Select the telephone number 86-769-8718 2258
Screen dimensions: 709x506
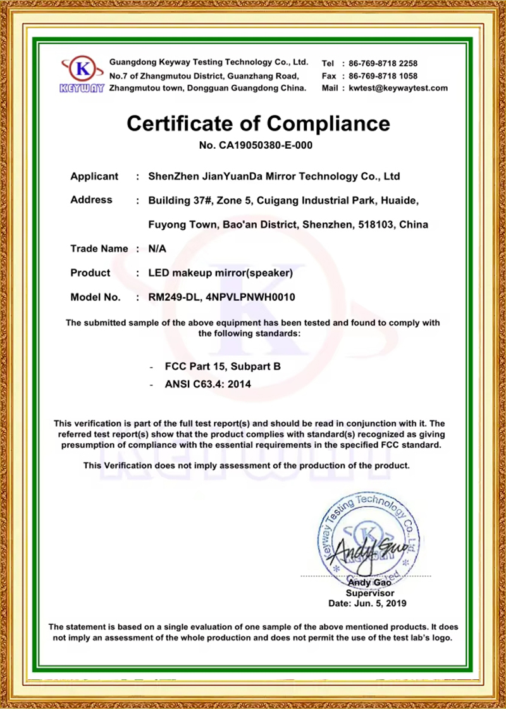click(x=379, y=63)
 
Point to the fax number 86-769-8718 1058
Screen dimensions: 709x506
click(x=379, y=76)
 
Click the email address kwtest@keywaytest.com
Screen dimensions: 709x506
click(x=398, y=88)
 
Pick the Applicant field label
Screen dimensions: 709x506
click(x=94, y=176)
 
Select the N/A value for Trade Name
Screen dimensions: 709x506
click(x=156, y=249)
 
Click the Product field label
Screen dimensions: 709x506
click(x=90, y=273)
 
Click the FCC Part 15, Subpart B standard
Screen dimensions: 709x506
click(x=222, y=366)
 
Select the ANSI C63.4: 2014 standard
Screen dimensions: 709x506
click(x=208, y=384)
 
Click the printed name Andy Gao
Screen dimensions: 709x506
click(x=370, y=582)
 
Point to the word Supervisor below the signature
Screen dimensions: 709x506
click(x=370, y=593)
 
